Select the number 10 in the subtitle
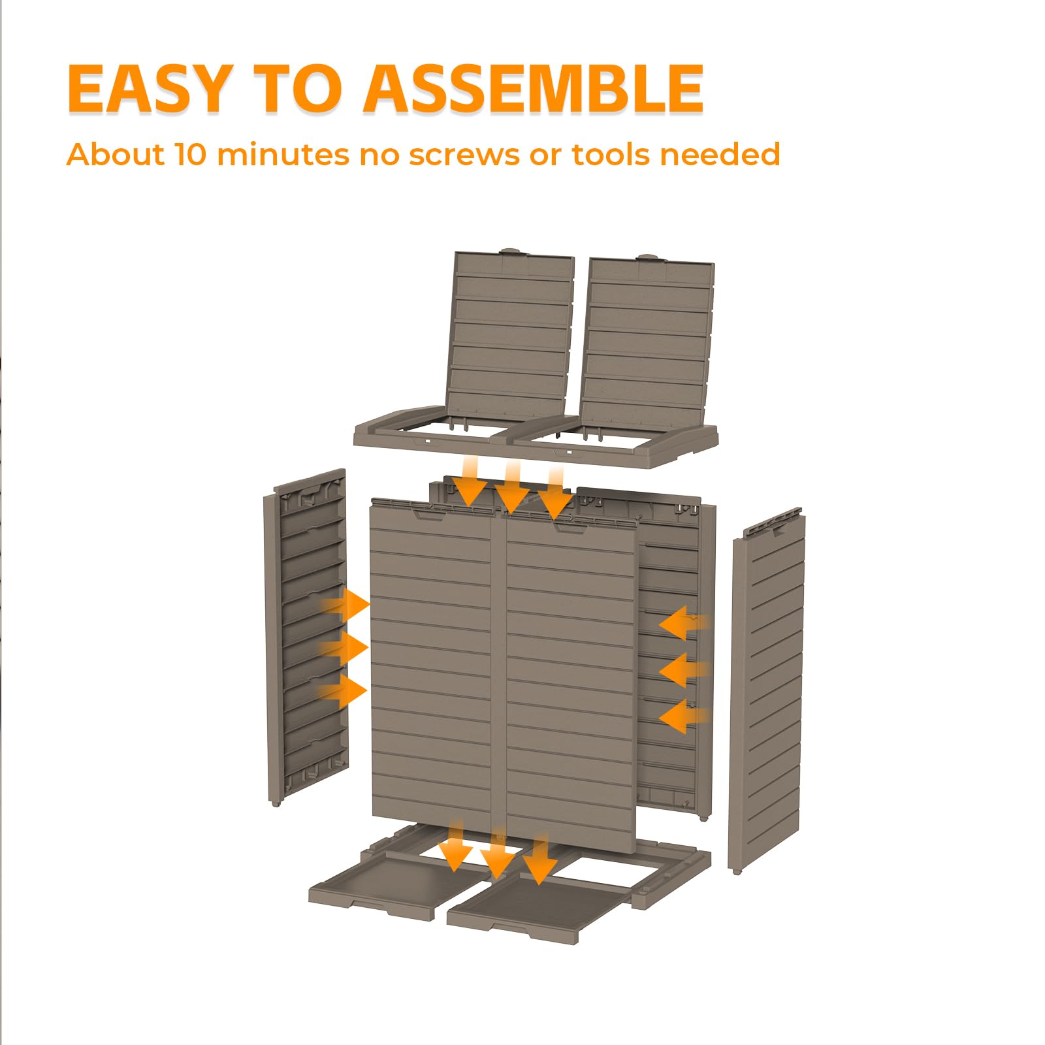pos(190,155)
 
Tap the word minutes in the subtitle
pos(282,155)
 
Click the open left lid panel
pos(509,337)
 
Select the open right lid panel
pos(647,342)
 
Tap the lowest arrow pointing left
pos(683,716)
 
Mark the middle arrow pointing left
pos(683,670)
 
